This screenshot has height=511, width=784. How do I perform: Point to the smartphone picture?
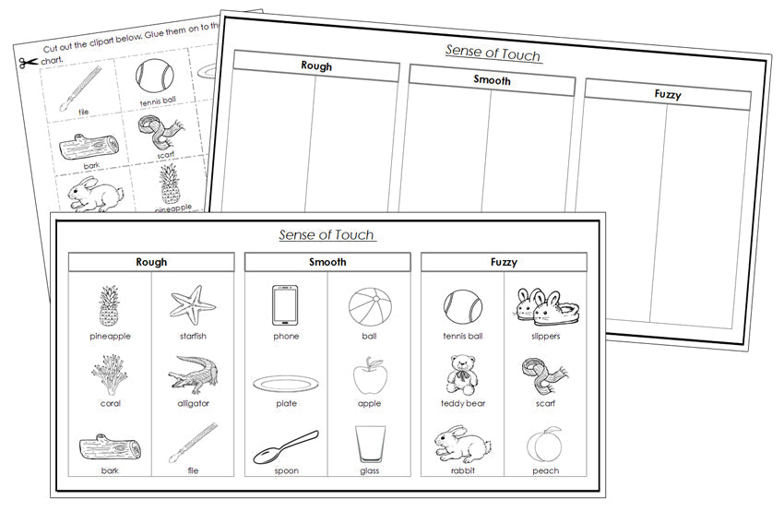click(285, 305)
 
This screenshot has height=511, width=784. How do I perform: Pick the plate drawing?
click(286, 383)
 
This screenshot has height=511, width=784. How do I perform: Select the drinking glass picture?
click(370, 444)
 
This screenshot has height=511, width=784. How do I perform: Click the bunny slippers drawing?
click(546, 306)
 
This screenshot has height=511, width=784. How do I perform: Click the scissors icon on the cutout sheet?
click(25, 63)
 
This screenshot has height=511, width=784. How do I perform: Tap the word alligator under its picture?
click(193, 403)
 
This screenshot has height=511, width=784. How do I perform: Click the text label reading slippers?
click(546, 337)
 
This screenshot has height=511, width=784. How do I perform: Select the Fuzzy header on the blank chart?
click(667, 94)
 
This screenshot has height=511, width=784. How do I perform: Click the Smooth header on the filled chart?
click(327, 262)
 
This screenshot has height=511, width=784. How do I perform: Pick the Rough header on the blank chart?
click(316, 66)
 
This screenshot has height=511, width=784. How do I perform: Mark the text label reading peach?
click(545, 471)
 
